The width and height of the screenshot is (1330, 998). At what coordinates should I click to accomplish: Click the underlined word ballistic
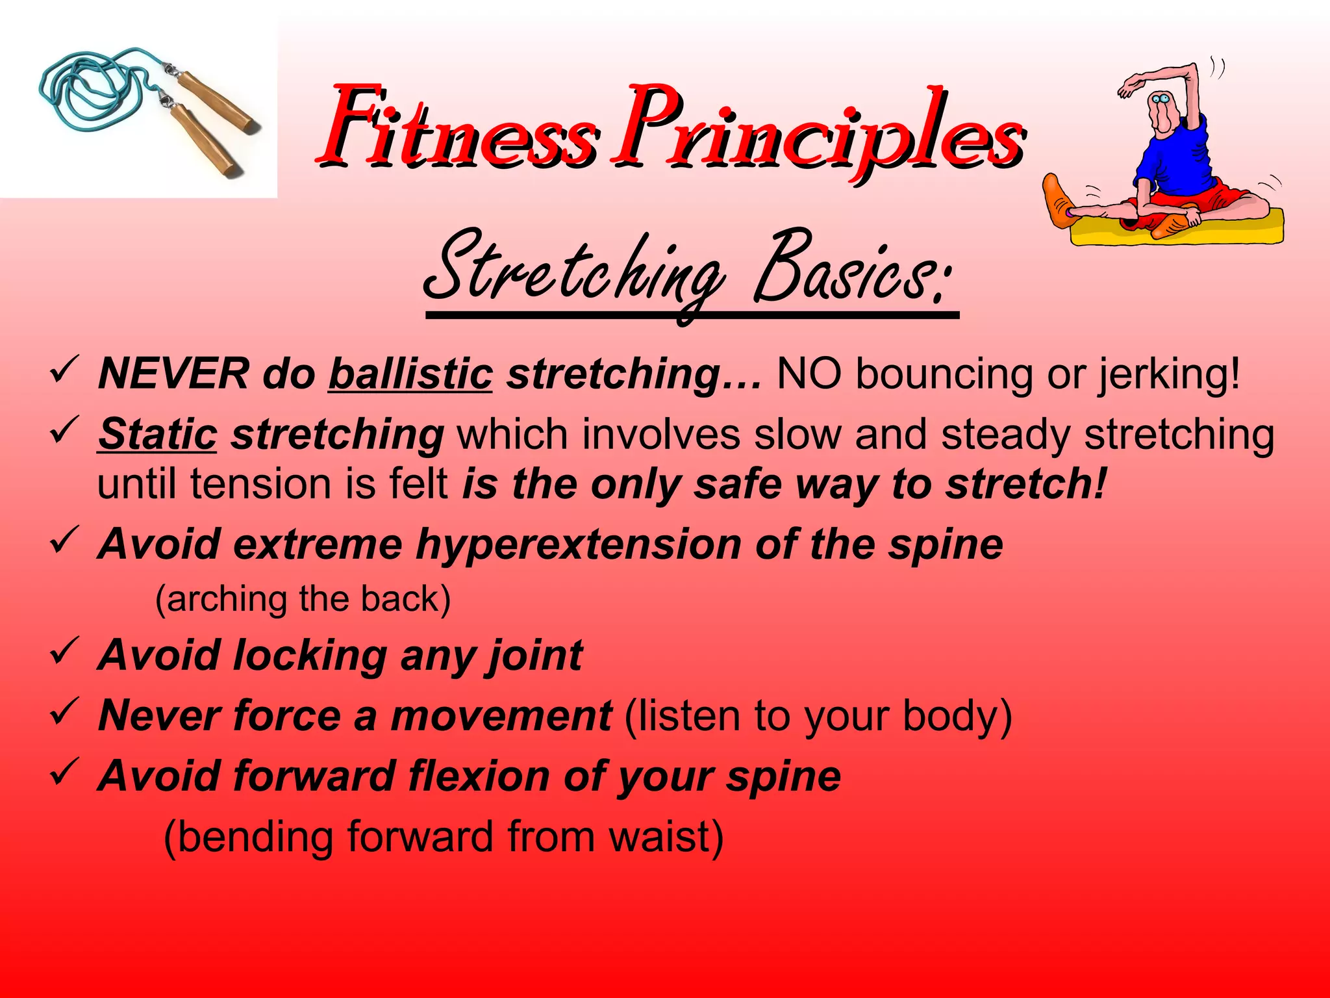coord(410,375)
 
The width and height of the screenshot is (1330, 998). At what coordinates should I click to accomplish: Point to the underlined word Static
coord(157,434)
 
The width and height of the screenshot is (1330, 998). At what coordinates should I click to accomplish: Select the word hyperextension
coord(578,544)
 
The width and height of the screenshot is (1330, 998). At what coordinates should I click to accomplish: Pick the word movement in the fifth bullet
coord(500,715)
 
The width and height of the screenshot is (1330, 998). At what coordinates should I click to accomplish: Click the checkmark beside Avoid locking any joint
coord(64,651)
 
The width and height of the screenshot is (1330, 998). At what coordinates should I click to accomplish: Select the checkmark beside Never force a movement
coord(64,711)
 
